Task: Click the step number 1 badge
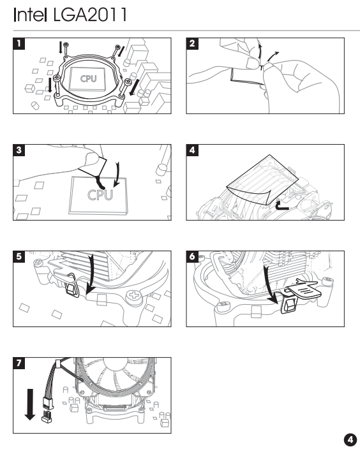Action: [x=19, y=44]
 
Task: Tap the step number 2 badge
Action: [x=192, y=44]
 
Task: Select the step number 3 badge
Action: [x=19, y=150]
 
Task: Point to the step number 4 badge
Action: [x=192, y=150]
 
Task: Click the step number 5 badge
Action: [x=19, y=257]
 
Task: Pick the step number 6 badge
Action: [x=192, y=257]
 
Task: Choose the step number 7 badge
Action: [x=19, y=363]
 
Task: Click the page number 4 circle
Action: [x=350, y=440]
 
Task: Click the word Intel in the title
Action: [x=30, y=15]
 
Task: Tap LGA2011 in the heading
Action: [x=90, y=15]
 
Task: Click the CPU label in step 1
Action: [x=89, y=78]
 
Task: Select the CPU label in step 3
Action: [x=100, y=195]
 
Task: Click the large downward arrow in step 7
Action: [x=30, y=404]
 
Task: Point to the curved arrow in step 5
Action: [x=92, y=274]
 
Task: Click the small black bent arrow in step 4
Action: [x=281, y=206]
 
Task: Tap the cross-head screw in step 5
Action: [x=133, y=296]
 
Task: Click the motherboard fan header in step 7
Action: [x=47, y=416]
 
